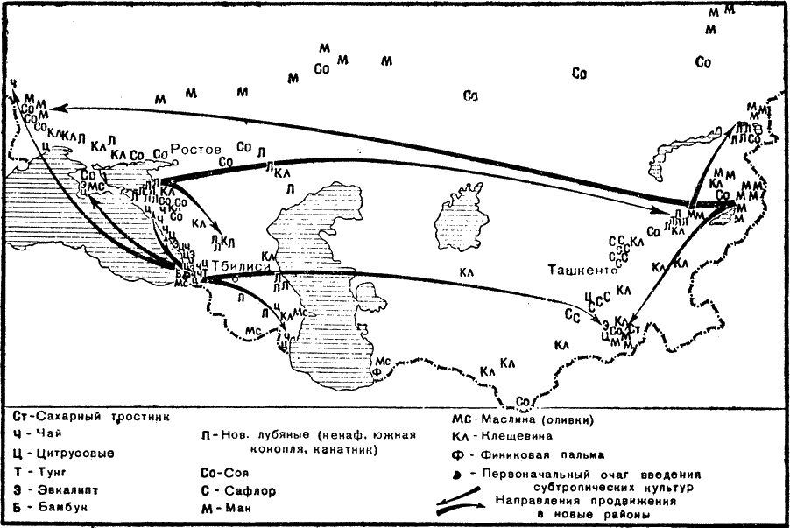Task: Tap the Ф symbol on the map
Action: point(377,370)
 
